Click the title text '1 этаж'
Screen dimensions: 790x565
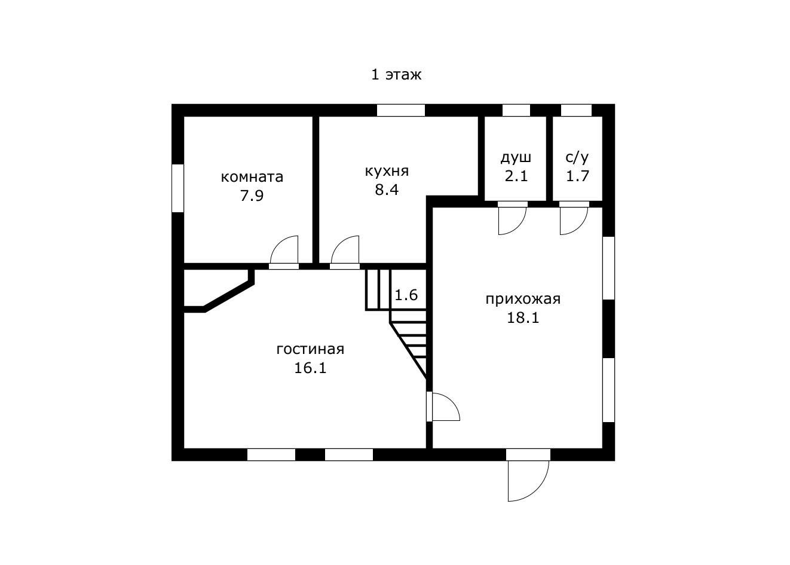point(396,75)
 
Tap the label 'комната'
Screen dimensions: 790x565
point(252,177)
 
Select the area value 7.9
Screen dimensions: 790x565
point(252,196)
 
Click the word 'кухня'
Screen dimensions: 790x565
point(387,172)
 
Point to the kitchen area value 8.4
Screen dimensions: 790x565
point(387,190)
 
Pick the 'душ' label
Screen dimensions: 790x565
point(516,158)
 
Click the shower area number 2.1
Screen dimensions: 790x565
point(516,176)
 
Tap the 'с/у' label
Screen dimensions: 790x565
point(577,157)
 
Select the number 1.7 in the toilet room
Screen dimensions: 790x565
point(577,176)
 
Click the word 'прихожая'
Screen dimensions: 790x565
point(523,300)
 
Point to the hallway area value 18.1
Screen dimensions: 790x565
point(523,318)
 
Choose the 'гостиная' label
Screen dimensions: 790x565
point(310,349)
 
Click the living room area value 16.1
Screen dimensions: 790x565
point(310,368)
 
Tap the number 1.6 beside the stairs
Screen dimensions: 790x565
point(406,295)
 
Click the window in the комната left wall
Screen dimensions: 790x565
point(177,188)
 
